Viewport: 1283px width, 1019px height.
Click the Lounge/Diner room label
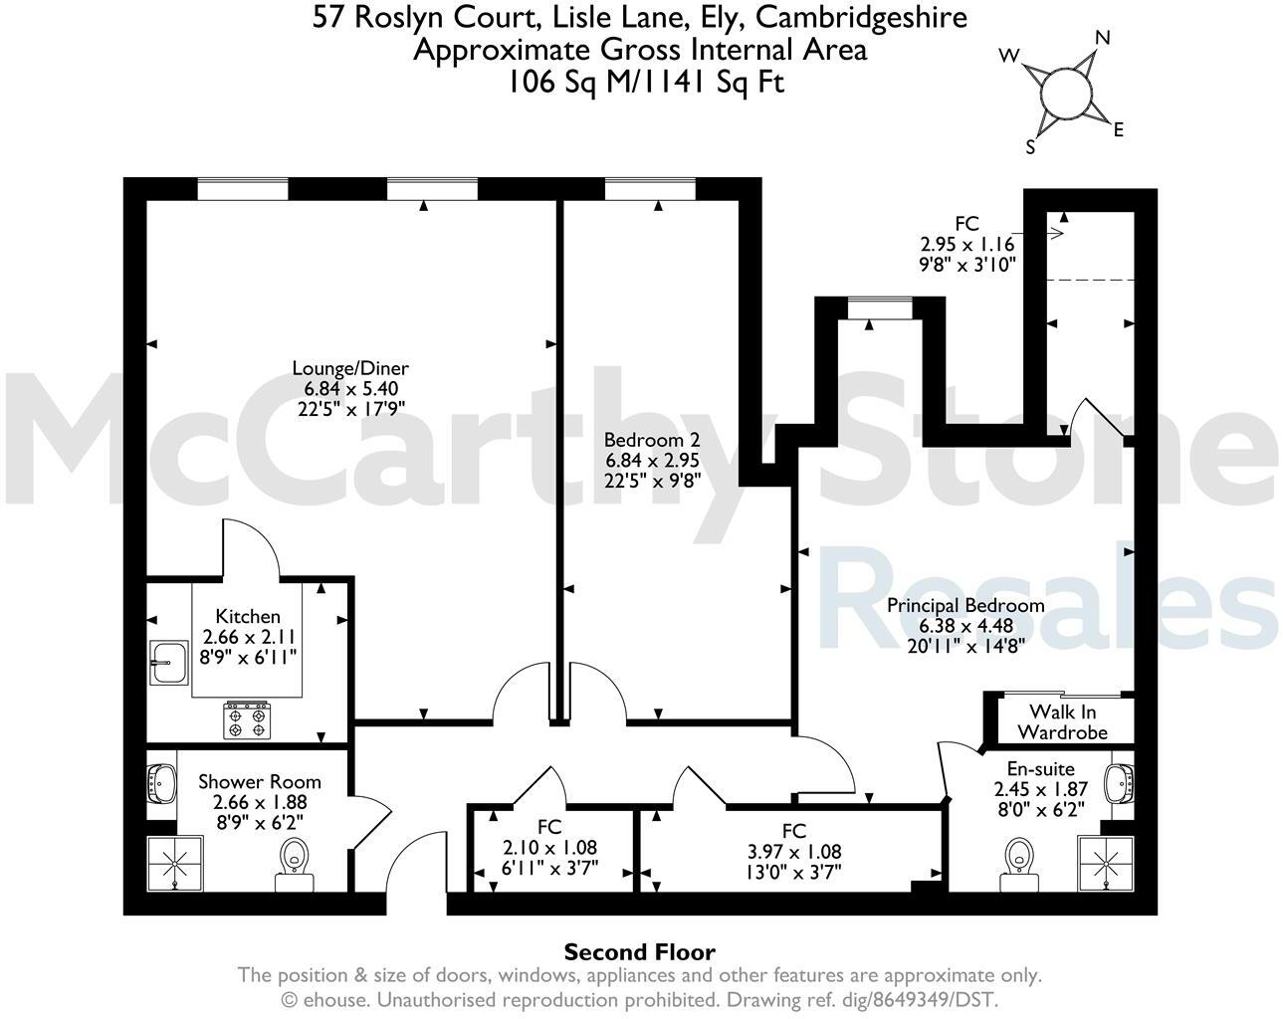tap(349, 368)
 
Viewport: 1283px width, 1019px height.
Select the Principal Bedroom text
tap(965, 605)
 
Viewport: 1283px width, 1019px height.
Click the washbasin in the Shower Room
tap(161, 783)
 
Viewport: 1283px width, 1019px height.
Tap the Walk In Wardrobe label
tap(1067, 721)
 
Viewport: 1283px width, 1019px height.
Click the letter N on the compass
tap(1103, 38)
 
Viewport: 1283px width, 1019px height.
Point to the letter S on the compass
tap(1031, 147)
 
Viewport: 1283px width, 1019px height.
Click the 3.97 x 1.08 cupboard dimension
tap(793, 852)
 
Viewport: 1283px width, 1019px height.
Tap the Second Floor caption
tap(640, 952)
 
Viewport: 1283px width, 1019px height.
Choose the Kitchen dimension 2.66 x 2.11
tap(249, 637)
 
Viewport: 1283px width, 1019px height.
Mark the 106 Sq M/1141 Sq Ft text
tap(645, 82)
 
